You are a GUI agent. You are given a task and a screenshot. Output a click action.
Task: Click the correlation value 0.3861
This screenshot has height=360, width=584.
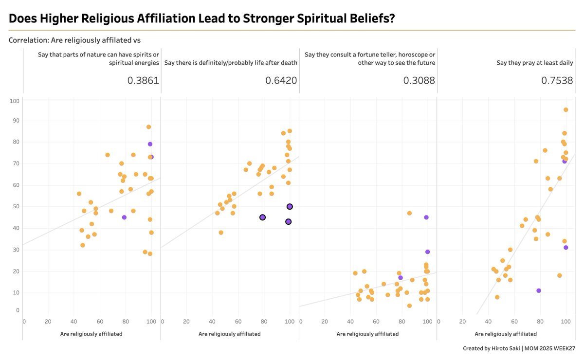pos(143,80)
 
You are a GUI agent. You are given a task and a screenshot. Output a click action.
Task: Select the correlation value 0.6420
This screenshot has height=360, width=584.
pos(281,80)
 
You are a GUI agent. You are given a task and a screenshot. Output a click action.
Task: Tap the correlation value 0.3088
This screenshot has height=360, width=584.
pos(419,80)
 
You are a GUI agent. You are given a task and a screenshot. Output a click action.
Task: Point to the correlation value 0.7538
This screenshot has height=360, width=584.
pos(557,80)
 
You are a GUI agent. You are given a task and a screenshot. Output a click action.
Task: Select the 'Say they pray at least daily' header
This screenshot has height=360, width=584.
pos(534,63)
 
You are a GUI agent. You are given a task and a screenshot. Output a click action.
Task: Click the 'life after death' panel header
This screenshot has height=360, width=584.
pos(230,63)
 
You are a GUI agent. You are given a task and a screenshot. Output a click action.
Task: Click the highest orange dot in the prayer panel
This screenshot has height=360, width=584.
pos(566,110)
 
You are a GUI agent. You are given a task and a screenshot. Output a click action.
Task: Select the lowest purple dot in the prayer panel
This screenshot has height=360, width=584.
pos(539,290)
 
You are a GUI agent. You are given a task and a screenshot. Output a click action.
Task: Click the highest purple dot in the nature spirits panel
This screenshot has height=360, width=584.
pos(150,144)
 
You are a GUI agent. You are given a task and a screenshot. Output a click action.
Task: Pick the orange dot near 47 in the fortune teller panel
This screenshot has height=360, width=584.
pos(409,213)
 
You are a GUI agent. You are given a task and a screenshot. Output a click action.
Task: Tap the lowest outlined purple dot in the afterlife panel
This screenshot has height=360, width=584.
pos(288,222)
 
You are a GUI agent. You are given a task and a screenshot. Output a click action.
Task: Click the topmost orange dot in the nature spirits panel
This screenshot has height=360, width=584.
pos(148,127)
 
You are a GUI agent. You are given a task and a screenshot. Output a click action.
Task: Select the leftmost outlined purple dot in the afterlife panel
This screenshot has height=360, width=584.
pos(262,217)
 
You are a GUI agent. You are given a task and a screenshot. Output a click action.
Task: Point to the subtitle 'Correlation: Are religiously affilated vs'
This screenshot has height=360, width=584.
pos(74,40)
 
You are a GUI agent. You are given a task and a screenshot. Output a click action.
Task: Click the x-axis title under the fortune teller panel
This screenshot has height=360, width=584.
pos(367,334)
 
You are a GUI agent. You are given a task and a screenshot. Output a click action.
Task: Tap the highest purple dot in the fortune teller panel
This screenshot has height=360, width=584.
pos(426,217)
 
